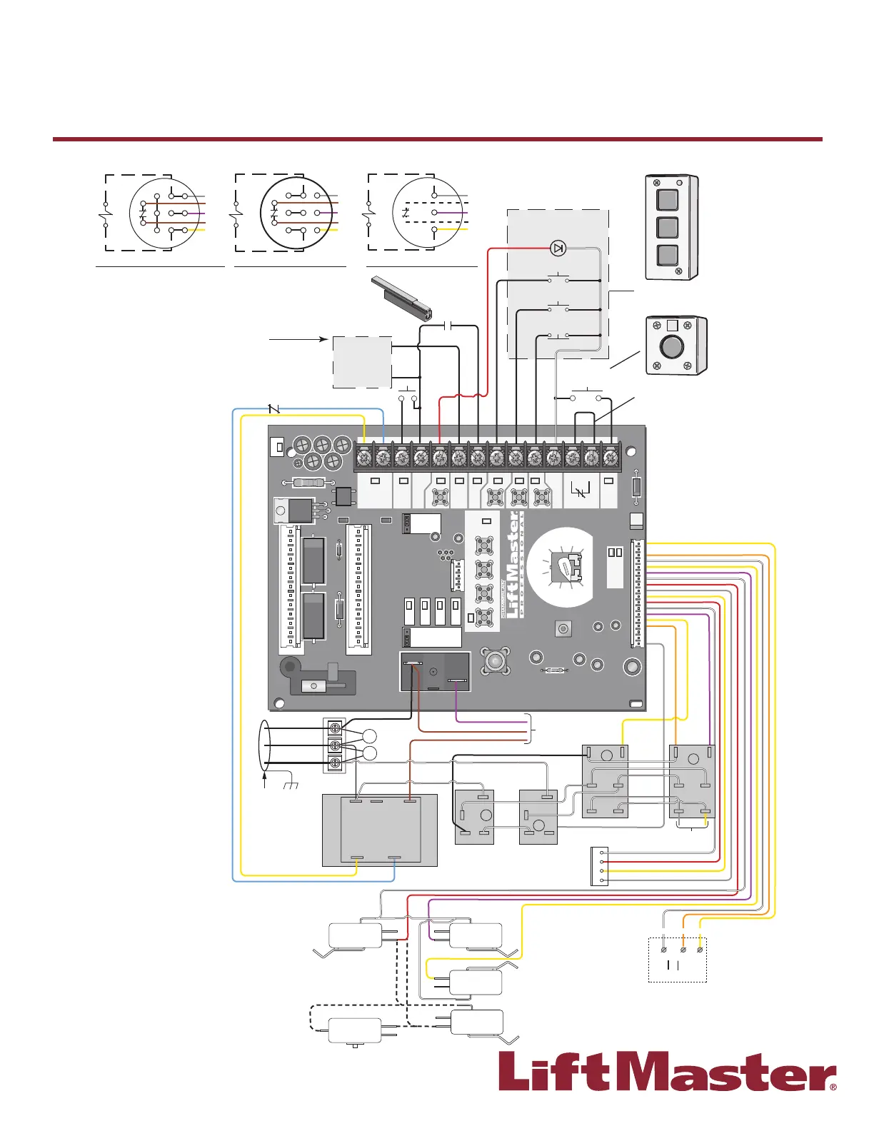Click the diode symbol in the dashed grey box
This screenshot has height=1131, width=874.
[558, 248]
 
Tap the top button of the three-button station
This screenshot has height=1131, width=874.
[667, 199]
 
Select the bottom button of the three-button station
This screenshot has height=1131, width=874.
[667, 255]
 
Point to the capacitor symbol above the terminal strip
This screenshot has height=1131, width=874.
[448, 326]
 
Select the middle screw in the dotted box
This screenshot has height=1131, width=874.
[683, 950]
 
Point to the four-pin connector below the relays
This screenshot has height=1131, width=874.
[599, 866]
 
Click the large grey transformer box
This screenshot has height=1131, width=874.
[379, 830]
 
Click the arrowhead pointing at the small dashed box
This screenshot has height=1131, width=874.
[325, 339]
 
